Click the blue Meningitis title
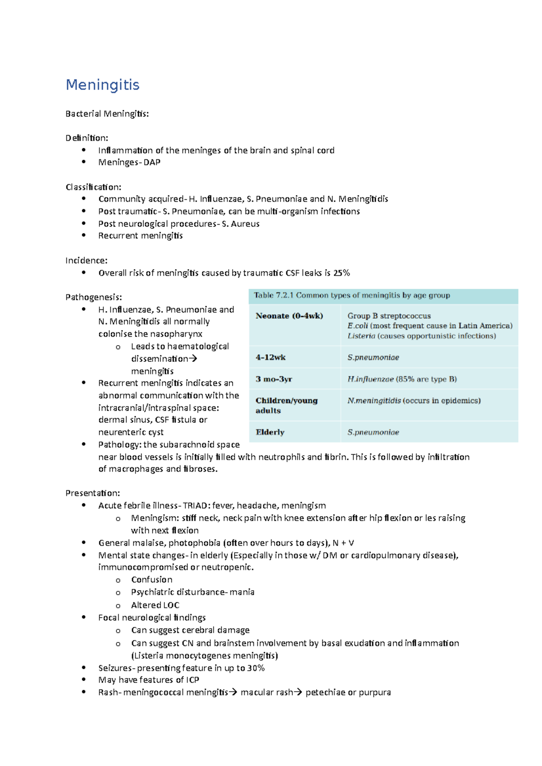[103, 85]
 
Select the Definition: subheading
[87, 138]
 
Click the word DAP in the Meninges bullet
[152, 162]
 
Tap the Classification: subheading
[93, 187]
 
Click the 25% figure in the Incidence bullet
[341, 273]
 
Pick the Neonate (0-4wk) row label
[289, 316]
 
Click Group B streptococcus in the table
[389, 316]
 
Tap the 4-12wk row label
[271, 357]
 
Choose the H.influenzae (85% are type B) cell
[402, 379]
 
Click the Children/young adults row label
[286, 405]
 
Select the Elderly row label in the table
[270, 432]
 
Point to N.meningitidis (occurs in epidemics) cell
[414, 401]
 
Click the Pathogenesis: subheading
[93, 297]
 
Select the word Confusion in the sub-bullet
[152, 580]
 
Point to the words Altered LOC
[155, 605]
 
